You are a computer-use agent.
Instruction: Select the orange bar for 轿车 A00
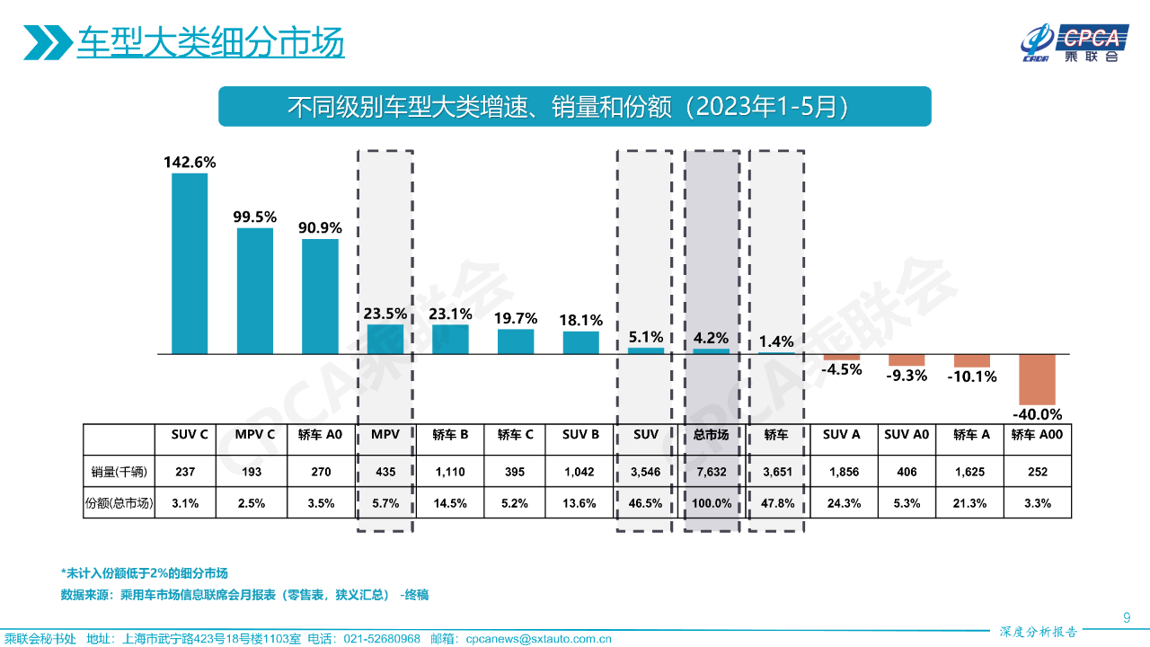coord(1037,379)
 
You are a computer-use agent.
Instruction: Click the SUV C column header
coord(190,435)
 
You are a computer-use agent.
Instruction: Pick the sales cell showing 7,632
coord(711,471)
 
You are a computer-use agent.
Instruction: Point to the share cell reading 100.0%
coord(711,503)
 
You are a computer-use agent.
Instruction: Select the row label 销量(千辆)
coord(119,471)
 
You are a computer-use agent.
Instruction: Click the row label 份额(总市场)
coord(119,503)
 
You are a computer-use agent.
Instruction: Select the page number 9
coord(1127,616)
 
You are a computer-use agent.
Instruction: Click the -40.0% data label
coord(1037,414)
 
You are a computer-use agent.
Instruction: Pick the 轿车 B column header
coord(450,435)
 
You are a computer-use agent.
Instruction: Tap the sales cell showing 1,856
coord(841,471)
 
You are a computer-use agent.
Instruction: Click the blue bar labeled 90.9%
coord(320,297)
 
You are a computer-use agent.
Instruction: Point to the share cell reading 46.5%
coord(645,503)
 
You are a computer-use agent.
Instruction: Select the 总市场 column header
coord(711,435)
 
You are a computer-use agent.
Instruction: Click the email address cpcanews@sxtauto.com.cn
coord(538,639)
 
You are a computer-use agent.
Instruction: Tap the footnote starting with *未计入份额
coord(144,573)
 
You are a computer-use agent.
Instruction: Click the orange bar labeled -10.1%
coord(971,360)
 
